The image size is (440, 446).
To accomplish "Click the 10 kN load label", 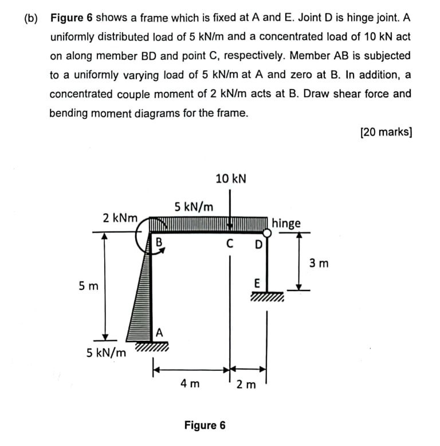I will tap(231, 179).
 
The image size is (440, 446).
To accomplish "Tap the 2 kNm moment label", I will tap(120, 218).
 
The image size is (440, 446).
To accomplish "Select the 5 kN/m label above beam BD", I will tap(194, 206).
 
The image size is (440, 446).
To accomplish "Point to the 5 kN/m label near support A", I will tap(107, 352).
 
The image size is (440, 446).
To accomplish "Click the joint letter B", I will tap(159, 242).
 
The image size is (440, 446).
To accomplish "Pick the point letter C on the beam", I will tap(230, 243).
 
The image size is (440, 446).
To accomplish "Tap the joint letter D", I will tap(258, 245).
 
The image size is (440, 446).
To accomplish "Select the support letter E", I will tap(257, 283).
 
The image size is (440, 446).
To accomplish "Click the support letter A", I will tap(159, 331).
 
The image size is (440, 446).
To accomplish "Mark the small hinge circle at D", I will tap(267, 232).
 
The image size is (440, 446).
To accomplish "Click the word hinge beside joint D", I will tap(286, 223).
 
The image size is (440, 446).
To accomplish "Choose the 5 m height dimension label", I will tap(87, 285).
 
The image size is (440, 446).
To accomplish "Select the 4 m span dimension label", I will tap(190, 383).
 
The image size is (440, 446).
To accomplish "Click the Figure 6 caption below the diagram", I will tap(205, 425).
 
